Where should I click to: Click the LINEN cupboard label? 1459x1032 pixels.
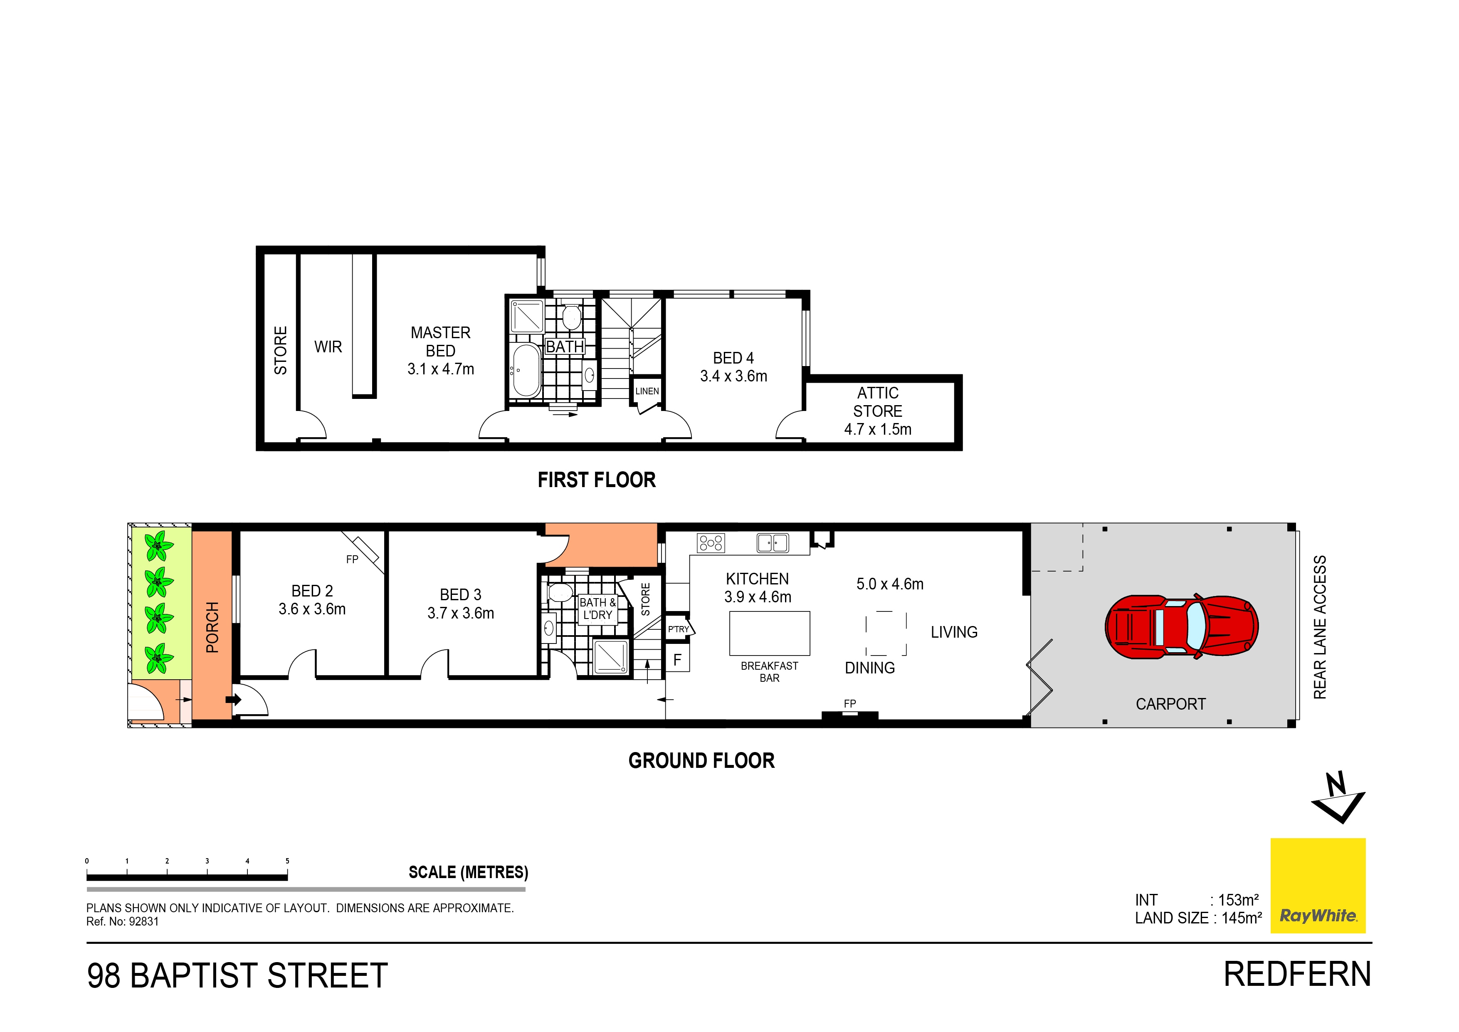647,391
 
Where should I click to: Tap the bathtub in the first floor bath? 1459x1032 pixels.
526,370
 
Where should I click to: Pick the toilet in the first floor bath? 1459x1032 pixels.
571,316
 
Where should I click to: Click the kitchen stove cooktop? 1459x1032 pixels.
711,542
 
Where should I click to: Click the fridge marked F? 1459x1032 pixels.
677,659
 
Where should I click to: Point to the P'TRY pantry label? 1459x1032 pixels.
678,629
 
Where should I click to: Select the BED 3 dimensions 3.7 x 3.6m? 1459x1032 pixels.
461,613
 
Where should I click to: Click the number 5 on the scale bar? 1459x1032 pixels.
287,861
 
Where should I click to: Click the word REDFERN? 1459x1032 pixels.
1298,974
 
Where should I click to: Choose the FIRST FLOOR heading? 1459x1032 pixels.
596,480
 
